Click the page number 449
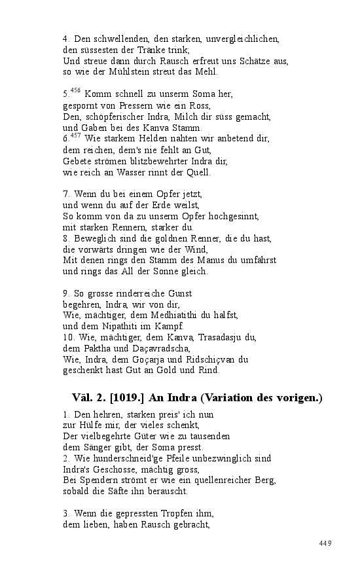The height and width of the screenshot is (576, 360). tap(325, 543)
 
